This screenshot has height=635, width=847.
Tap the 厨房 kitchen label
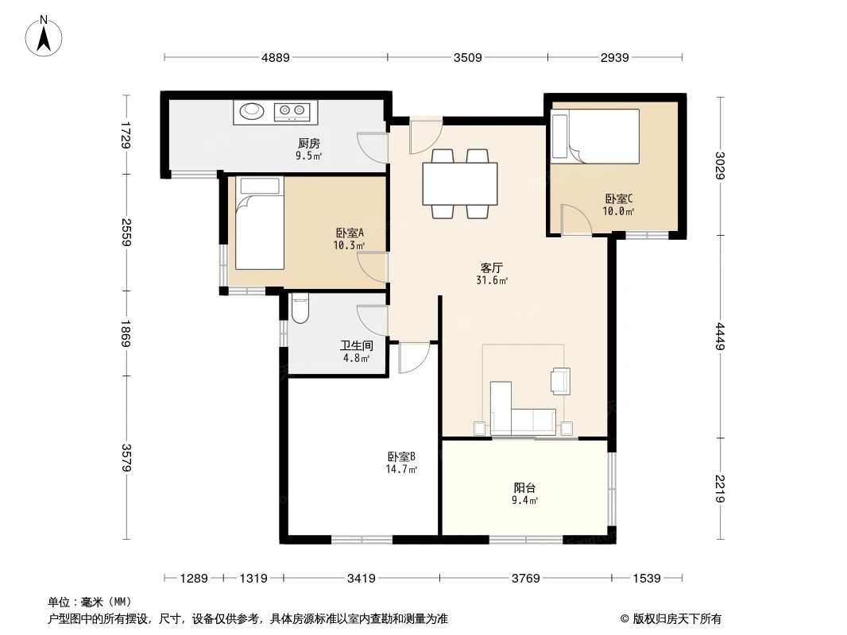tap(309, 144)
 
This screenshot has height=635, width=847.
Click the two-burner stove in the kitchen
tap(292, 112)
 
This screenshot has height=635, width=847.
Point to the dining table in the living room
tap(460, 183)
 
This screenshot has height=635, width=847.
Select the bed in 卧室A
tap(259, 224)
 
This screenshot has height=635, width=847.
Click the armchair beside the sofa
tap(560, 380)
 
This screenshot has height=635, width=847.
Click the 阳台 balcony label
tap(524, 488)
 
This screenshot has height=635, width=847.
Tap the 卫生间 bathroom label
tap(355, 346)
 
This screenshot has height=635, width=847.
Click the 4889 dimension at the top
tap(275, 57)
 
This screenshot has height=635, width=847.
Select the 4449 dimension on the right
tap(721, 336)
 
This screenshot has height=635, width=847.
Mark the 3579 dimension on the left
tap(126, 458)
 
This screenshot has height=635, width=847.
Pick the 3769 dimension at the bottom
tap(526, 579)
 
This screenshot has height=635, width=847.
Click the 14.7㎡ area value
tap(402, 469)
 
